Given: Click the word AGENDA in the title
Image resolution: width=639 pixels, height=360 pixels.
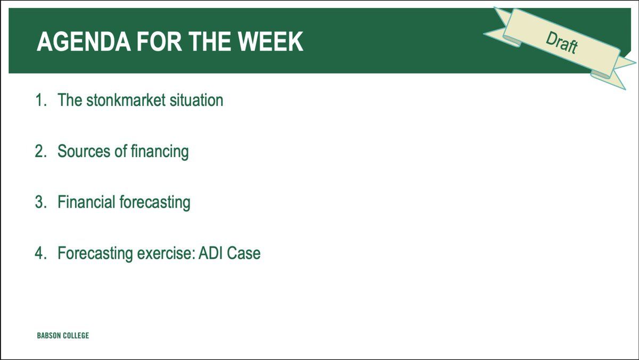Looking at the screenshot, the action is (x=84, y=42).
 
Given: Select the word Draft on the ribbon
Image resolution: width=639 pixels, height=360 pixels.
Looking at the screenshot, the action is (x=562, y=43).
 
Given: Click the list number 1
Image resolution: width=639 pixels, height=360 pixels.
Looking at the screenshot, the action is (x=40, y=100).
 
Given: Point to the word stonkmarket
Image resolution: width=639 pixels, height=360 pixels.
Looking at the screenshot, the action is (x=126, y=100).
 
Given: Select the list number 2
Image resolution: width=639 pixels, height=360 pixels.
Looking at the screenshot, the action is (x=41, y=151).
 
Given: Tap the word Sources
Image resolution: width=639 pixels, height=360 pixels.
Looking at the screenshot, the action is (x=84, y=151).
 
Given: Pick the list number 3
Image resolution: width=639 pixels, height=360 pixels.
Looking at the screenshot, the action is (x=41, y=202).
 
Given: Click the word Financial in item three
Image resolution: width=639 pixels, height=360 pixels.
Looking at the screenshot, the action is (x=86, y=202).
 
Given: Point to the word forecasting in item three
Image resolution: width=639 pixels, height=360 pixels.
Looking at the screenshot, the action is (x=155, y=203).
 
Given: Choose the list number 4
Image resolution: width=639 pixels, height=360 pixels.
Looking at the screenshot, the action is (x=41, y=253).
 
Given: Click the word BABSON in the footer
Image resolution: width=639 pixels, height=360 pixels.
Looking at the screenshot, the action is (x=49, y=336).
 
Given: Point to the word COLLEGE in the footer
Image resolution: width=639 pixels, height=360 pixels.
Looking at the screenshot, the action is (x=76, y=336).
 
